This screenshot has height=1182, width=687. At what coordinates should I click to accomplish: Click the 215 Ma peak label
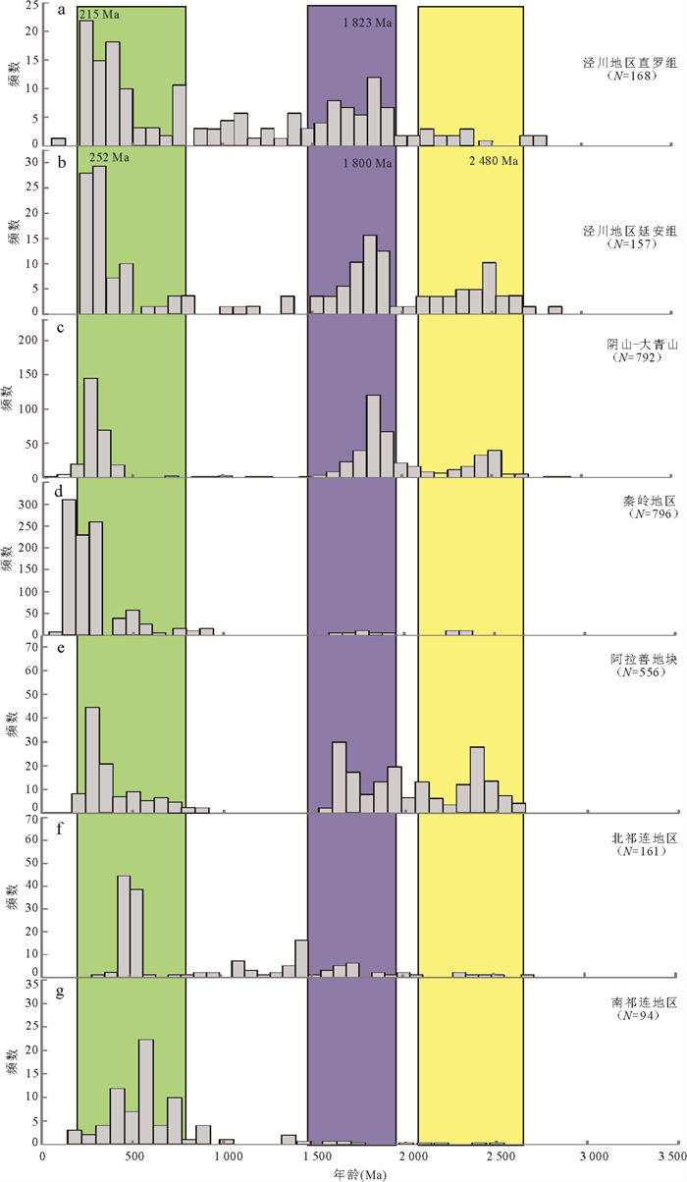(x=98, y=15)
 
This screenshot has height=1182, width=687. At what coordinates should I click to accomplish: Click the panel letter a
(x=62, y=13)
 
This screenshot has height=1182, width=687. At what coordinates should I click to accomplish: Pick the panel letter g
(x=62, y=990)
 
